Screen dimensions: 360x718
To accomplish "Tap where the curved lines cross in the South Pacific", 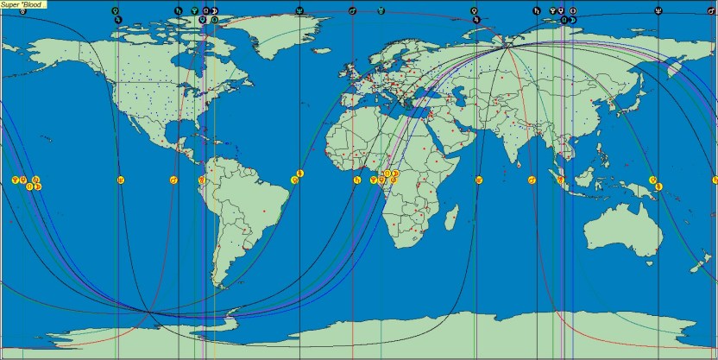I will coord(149,312).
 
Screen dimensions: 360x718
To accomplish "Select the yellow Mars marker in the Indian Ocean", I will coord(532,180).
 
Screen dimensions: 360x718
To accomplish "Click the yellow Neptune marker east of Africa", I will coord(477,180).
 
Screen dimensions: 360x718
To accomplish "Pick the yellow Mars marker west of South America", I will coord(174,180).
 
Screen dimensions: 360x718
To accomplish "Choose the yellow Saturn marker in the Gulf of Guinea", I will coord(356,180).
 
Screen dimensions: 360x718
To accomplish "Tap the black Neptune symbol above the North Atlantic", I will coord(299,10).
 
